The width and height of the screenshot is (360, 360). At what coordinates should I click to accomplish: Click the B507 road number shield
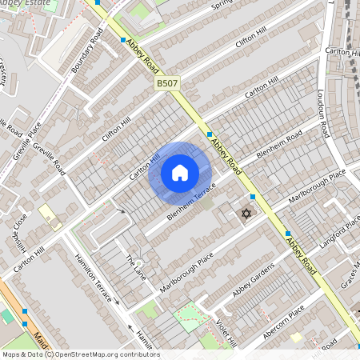167,83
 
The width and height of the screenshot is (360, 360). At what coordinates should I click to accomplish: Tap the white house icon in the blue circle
180,173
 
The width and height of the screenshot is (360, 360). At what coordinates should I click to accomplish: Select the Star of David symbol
246,213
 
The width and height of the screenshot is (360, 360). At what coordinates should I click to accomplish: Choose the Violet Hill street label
227,330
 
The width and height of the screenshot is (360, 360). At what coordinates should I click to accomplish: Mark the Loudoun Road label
326,111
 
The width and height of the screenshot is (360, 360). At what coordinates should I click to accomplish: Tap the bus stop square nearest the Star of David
253,197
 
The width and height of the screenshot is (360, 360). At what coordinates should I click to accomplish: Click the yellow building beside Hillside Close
50,216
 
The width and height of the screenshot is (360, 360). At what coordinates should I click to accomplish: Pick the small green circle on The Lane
138,262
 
